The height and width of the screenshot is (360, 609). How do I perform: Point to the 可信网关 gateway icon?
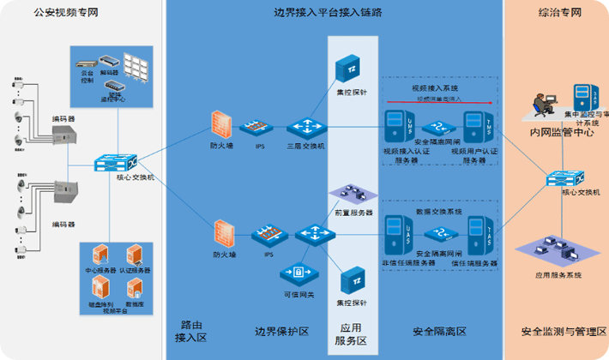tap(298, 273)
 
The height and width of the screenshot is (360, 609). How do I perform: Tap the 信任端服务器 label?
tap(474, 263)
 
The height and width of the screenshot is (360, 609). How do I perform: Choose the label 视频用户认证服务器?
tap(474, 156)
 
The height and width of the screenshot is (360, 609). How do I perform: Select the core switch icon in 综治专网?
tap(567, 180)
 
